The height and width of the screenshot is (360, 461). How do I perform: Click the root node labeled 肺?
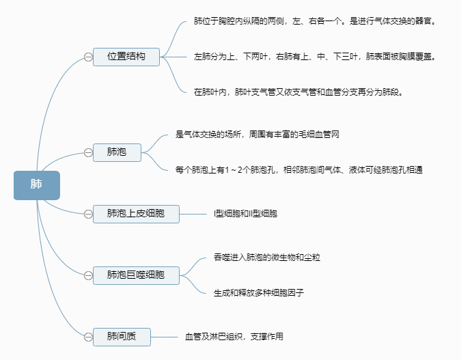37,185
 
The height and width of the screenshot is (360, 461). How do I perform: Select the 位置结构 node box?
126,57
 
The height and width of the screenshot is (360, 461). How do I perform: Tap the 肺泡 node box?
117,152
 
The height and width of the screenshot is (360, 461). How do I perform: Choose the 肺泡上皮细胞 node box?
136,214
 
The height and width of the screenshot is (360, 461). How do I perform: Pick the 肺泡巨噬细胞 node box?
136,275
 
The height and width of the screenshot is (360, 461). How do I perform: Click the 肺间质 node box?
122,337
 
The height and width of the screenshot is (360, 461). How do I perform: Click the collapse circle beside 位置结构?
88,57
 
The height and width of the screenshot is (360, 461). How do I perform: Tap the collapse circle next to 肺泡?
88,152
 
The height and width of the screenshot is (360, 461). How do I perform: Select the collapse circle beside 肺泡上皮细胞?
88,214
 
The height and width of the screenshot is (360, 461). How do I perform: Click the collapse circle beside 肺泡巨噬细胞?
88,275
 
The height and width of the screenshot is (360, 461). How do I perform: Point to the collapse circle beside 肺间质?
88,337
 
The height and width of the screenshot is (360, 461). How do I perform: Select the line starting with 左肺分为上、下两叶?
315,57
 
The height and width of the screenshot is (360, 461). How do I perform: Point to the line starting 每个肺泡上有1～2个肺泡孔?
303,169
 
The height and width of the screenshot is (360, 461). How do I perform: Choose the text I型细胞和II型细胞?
245,214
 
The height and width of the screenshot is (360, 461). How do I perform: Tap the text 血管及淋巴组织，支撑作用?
234,337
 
